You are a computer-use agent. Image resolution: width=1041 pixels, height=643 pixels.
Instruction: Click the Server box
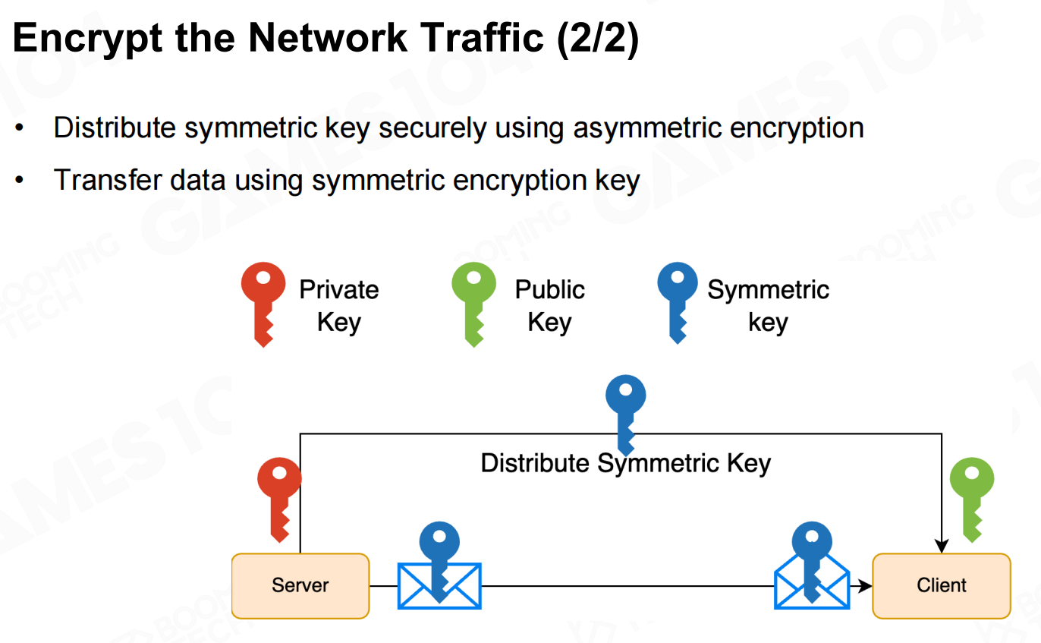pos(300,585)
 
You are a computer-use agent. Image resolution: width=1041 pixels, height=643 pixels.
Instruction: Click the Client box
pos(942,585)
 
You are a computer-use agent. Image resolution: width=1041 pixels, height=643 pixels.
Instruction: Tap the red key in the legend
pos(263,301)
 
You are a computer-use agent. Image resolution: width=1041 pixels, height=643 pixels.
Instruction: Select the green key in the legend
pos(473,301)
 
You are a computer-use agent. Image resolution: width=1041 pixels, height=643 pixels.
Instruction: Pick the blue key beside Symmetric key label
pos(677,301)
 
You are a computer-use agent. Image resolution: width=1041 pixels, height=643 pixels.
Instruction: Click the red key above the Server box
pos(279,497)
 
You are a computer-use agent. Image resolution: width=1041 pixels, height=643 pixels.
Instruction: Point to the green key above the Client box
pos(972,497)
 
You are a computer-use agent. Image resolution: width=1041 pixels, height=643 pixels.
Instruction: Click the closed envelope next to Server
pos(440,585)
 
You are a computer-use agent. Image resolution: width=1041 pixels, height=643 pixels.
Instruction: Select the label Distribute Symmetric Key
pos(626,463)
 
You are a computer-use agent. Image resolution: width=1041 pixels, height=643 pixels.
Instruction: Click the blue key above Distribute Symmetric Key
pos(626,410)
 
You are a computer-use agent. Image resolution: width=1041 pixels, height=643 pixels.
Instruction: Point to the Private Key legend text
pos(338,306)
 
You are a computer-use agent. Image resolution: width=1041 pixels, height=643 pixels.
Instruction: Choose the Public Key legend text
pos(549,306)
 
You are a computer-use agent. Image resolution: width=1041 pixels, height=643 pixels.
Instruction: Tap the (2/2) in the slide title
pos(598,38)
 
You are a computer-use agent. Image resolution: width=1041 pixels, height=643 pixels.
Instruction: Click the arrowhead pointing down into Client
pos(942,546)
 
